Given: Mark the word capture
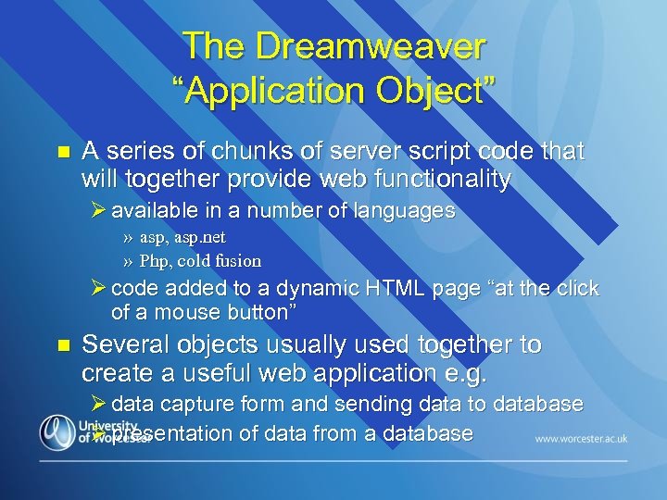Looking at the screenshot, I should click(x=198, y=405).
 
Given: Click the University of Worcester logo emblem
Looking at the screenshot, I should click(x=57, y=431).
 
